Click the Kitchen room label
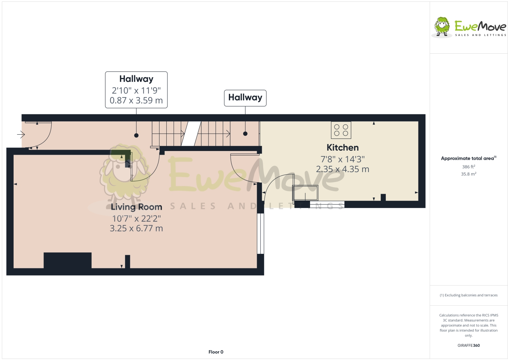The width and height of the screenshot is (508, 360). pyautogui.click(x=342, y=148)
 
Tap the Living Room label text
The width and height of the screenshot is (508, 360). pyautogui.click(x=136, y=207)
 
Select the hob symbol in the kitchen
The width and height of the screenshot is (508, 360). pyautogui.click(x=341, y=130)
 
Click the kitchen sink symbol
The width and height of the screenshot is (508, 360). pyautogui.click(x=305, y=193)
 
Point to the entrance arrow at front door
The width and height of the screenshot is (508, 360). pyautogui.click(x=21, y=135)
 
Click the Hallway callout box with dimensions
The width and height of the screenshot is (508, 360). pyautogui.click(x=136, y=90)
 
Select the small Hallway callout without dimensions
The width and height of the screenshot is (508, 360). pyautogui.click(x=245, y=98)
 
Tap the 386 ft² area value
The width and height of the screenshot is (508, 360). pyautogui.click(x=468, y=167)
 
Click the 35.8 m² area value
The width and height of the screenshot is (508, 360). pyautogui.click(x=468, y=174)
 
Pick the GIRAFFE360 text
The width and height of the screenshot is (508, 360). pyautogui.click(x=468, y=345)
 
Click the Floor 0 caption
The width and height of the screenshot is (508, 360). pyautogui.click(x=216, y=352)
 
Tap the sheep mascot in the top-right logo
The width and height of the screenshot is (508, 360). pyautogui.click(x=442, y=26)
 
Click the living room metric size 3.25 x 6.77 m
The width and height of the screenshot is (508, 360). pyautogui.click(x=136, y=228)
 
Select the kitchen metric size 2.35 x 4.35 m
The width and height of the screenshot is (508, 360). pyautogui.click(x=342, y=169)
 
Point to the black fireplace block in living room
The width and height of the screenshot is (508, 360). pyautogui.click(x=68, y=260)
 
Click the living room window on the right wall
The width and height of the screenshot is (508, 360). pyautogui.click(x=260, y=233)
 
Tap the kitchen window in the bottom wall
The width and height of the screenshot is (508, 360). pyautogui.click(x=327, y=205)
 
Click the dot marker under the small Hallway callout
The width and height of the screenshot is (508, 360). pyautogui.click(x=245, y=134)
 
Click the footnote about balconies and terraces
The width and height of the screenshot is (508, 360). pyautogui.click(x=468, y=295)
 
